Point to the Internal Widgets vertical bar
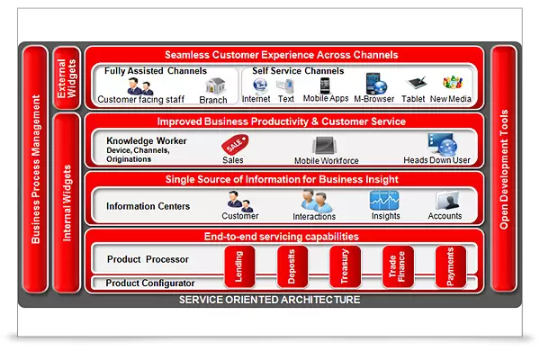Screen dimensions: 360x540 [x=66, y=202]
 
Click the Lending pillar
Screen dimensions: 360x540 [x=238, y=266]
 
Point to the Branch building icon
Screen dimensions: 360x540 [x=214, y=86]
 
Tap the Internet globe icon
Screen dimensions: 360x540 [x=260, y=85]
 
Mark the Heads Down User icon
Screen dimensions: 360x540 [x=441, y=143]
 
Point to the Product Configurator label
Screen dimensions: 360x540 [x=150, y=283]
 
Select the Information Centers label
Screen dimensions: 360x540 [x=148, y=206]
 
